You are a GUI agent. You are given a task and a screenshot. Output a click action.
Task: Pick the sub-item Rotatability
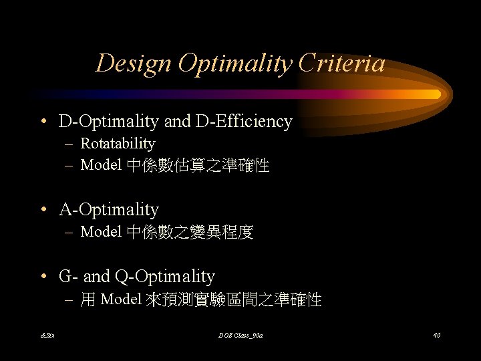tap(118, 144)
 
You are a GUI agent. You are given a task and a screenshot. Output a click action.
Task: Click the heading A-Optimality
tap(109, 210)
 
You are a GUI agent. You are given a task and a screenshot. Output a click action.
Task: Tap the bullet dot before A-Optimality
tap(44, 211)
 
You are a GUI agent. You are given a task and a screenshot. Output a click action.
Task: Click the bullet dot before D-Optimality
tap(44, 122)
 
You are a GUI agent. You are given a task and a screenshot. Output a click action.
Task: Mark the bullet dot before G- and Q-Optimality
tap(44, 277)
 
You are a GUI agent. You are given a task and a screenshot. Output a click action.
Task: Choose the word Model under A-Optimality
tap(100, 233)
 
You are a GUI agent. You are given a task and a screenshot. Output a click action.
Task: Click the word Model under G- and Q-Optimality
tap(120, 299)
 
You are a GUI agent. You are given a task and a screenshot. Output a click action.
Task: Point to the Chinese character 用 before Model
tap(88, 299)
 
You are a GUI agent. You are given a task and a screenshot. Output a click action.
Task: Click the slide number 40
tap(436, 335)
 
